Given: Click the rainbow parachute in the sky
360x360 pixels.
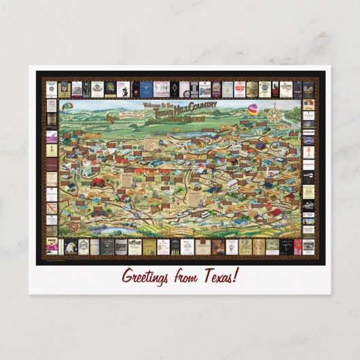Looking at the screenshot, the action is (67, 107).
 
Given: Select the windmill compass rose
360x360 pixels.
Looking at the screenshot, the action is (275, 110).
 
